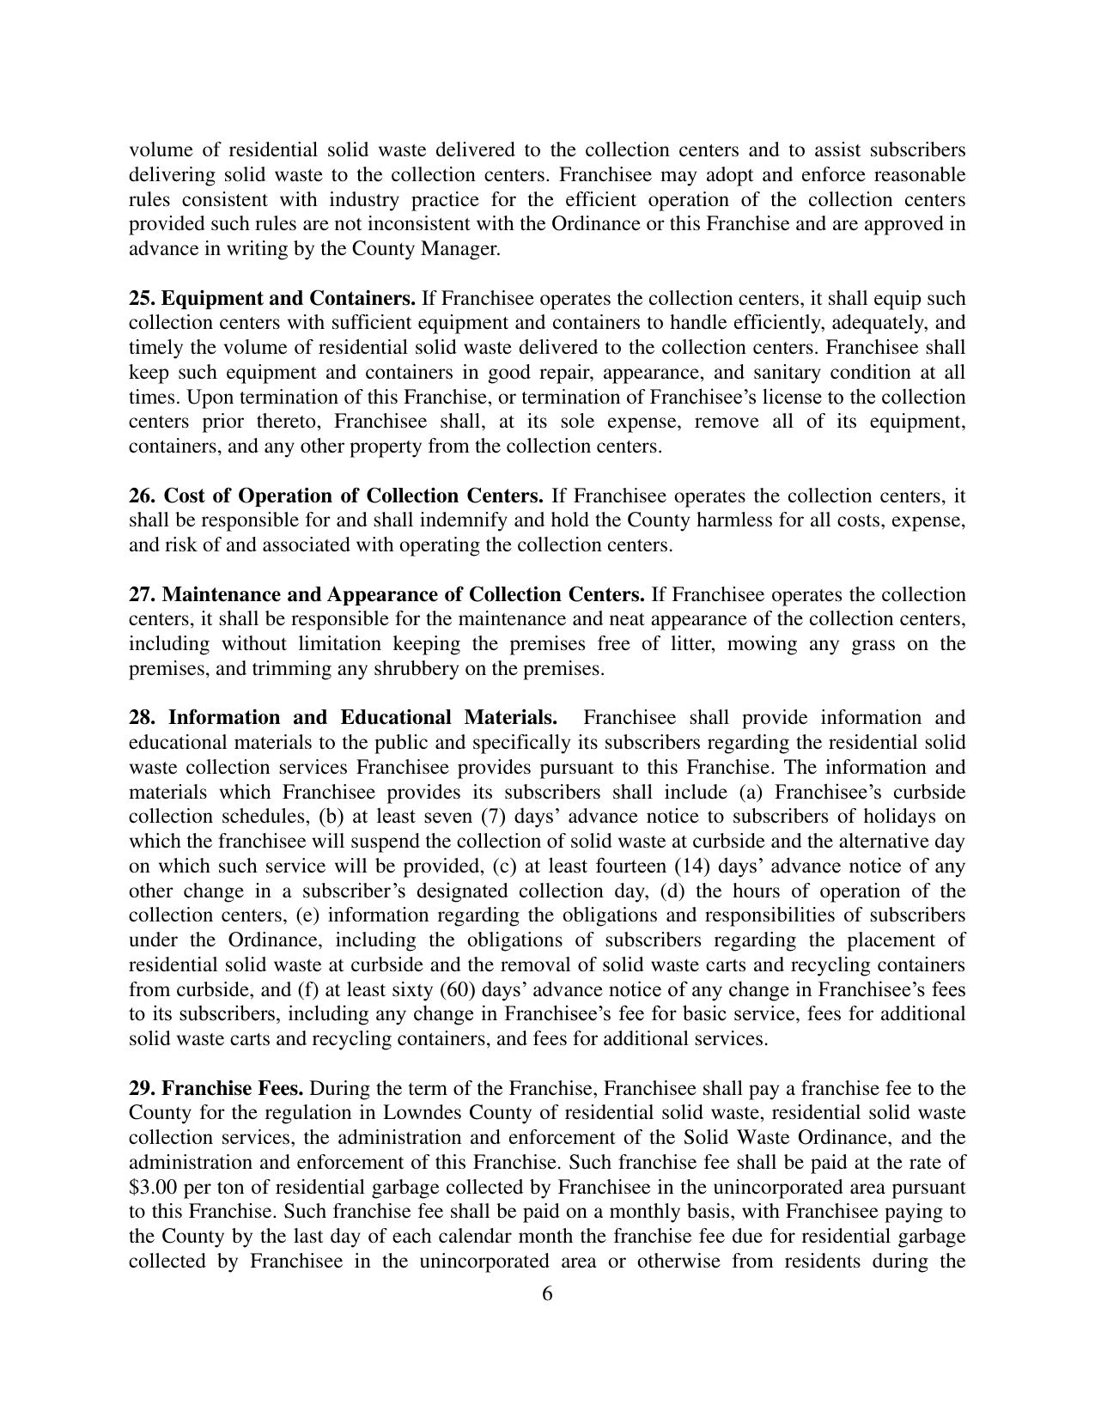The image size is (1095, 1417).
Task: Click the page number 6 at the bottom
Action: [x=547, y=1294]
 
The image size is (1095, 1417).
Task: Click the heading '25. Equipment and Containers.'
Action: [x=271, y=299]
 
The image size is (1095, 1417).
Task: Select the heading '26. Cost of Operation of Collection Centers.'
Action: [x=336, y=496]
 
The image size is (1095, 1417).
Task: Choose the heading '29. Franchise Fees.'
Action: [x=216, y=1089]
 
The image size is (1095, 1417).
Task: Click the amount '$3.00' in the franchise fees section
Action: [x=151, y=1188]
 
